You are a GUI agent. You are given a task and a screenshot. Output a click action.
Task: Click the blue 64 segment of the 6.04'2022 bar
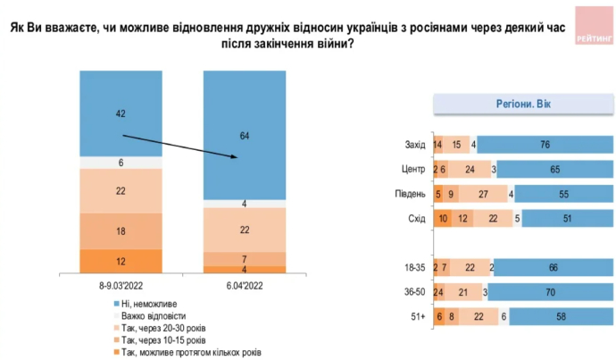(246, 134)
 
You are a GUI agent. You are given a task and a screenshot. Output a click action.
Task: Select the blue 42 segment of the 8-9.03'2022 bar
(120, 113)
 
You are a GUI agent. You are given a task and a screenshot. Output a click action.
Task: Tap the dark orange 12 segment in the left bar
(120, 261)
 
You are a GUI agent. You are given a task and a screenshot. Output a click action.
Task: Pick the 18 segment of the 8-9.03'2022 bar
(120, 230)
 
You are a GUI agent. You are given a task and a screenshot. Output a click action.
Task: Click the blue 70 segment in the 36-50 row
(551, 291)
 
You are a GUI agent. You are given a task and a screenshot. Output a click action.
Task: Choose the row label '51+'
(414, 314)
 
